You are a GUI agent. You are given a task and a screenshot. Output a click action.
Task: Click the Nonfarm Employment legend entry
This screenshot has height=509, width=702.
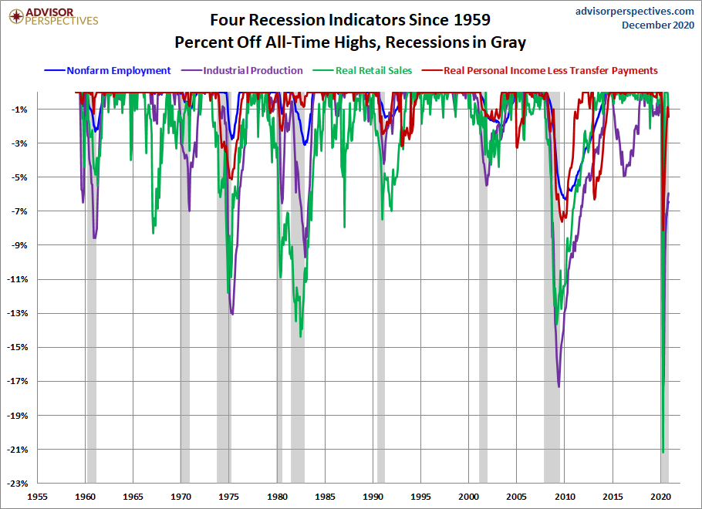107,71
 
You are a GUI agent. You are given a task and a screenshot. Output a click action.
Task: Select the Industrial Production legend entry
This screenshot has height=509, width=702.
241,71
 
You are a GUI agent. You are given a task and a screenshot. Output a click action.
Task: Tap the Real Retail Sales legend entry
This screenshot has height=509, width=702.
363,71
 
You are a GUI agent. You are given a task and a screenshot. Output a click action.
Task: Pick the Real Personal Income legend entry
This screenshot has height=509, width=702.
540,71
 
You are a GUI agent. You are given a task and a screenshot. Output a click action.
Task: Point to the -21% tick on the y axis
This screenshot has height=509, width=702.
17,450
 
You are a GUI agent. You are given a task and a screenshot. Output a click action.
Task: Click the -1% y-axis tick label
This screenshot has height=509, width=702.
20,110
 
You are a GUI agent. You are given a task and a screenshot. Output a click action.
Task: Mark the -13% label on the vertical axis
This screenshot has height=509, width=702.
17,313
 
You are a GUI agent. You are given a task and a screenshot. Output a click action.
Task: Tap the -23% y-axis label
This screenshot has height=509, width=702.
17,484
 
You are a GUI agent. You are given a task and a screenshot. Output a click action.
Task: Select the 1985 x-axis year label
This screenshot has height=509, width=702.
325,497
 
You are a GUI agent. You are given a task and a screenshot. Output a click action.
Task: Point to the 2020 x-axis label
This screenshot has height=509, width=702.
661,497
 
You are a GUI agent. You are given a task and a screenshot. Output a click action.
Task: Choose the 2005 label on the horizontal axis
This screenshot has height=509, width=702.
517,497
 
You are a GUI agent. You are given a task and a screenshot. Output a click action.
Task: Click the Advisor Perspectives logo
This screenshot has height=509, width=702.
53,16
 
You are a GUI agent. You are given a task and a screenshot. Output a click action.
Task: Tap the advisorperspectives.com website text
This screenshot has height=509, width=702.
635,12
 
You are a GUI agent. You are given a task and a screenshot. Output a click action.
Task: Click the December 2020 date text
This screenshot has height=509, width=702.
658,25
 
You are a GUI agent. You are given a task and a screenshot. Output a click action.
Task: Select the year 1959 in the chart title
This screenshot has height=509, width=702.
472,20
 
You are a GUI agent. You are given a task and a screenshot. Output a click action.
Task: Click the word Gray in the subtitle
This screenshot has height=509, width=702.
508,42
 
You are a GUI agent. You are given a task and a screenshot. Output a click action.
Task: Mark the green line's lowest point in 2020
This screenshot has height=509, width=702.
663,452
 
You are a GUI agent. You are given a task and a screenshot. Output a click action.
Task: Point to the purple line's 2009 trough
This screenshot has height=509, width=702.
559,386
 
